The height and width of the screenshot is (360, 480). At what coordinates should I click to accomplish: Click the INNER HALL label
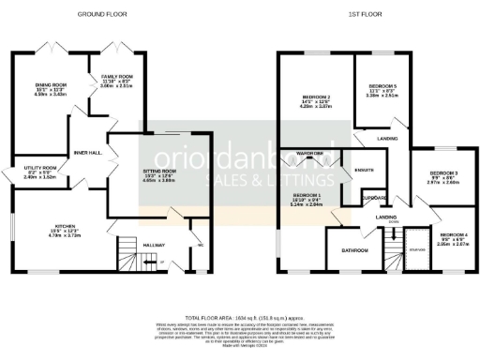pyautogui.click(x=87, y=152)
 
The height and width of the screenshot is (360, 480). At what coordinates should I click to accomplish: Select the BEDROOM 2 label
pyautogui.click(x=316, y=97)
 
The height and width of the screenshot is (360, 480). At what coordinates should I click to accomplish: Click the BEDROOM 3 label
pyautogui.click(x=442, y=173)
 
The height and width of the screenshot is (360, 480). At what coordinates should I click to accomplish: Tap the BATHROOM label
pyautogui.click(x=354, y=250)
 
